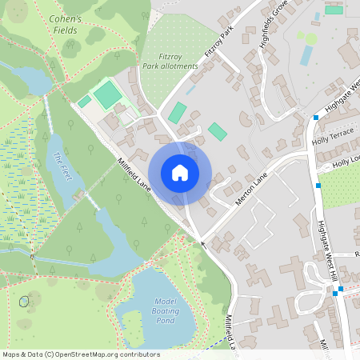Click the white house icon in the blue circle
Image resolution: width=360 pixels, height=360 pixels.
(x=180, y=173)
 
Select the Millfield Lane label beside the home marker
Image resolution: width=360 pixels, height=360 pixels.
(x=132, y=174)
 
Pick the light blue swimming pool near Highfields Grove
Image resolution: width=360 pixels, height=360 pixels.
(x=306, y=55)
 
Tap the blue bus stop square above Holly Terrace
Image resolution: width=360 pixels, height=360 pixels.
(x=316, y=118)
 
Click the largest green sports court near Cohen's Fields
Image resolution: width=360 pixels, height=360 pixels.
(x=107, y=96)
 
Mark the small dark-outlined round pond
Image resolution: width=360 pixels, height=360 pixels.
(x=24, y=302)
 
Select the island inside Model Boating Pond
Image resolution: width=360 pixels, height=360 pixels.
(x=132, y=324)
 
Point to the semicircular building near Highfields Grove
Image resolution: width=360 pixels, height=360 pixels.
(x=245, y=118)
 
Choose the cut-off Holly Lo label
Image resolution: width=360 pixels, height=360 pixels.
(x=346, y=163)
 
